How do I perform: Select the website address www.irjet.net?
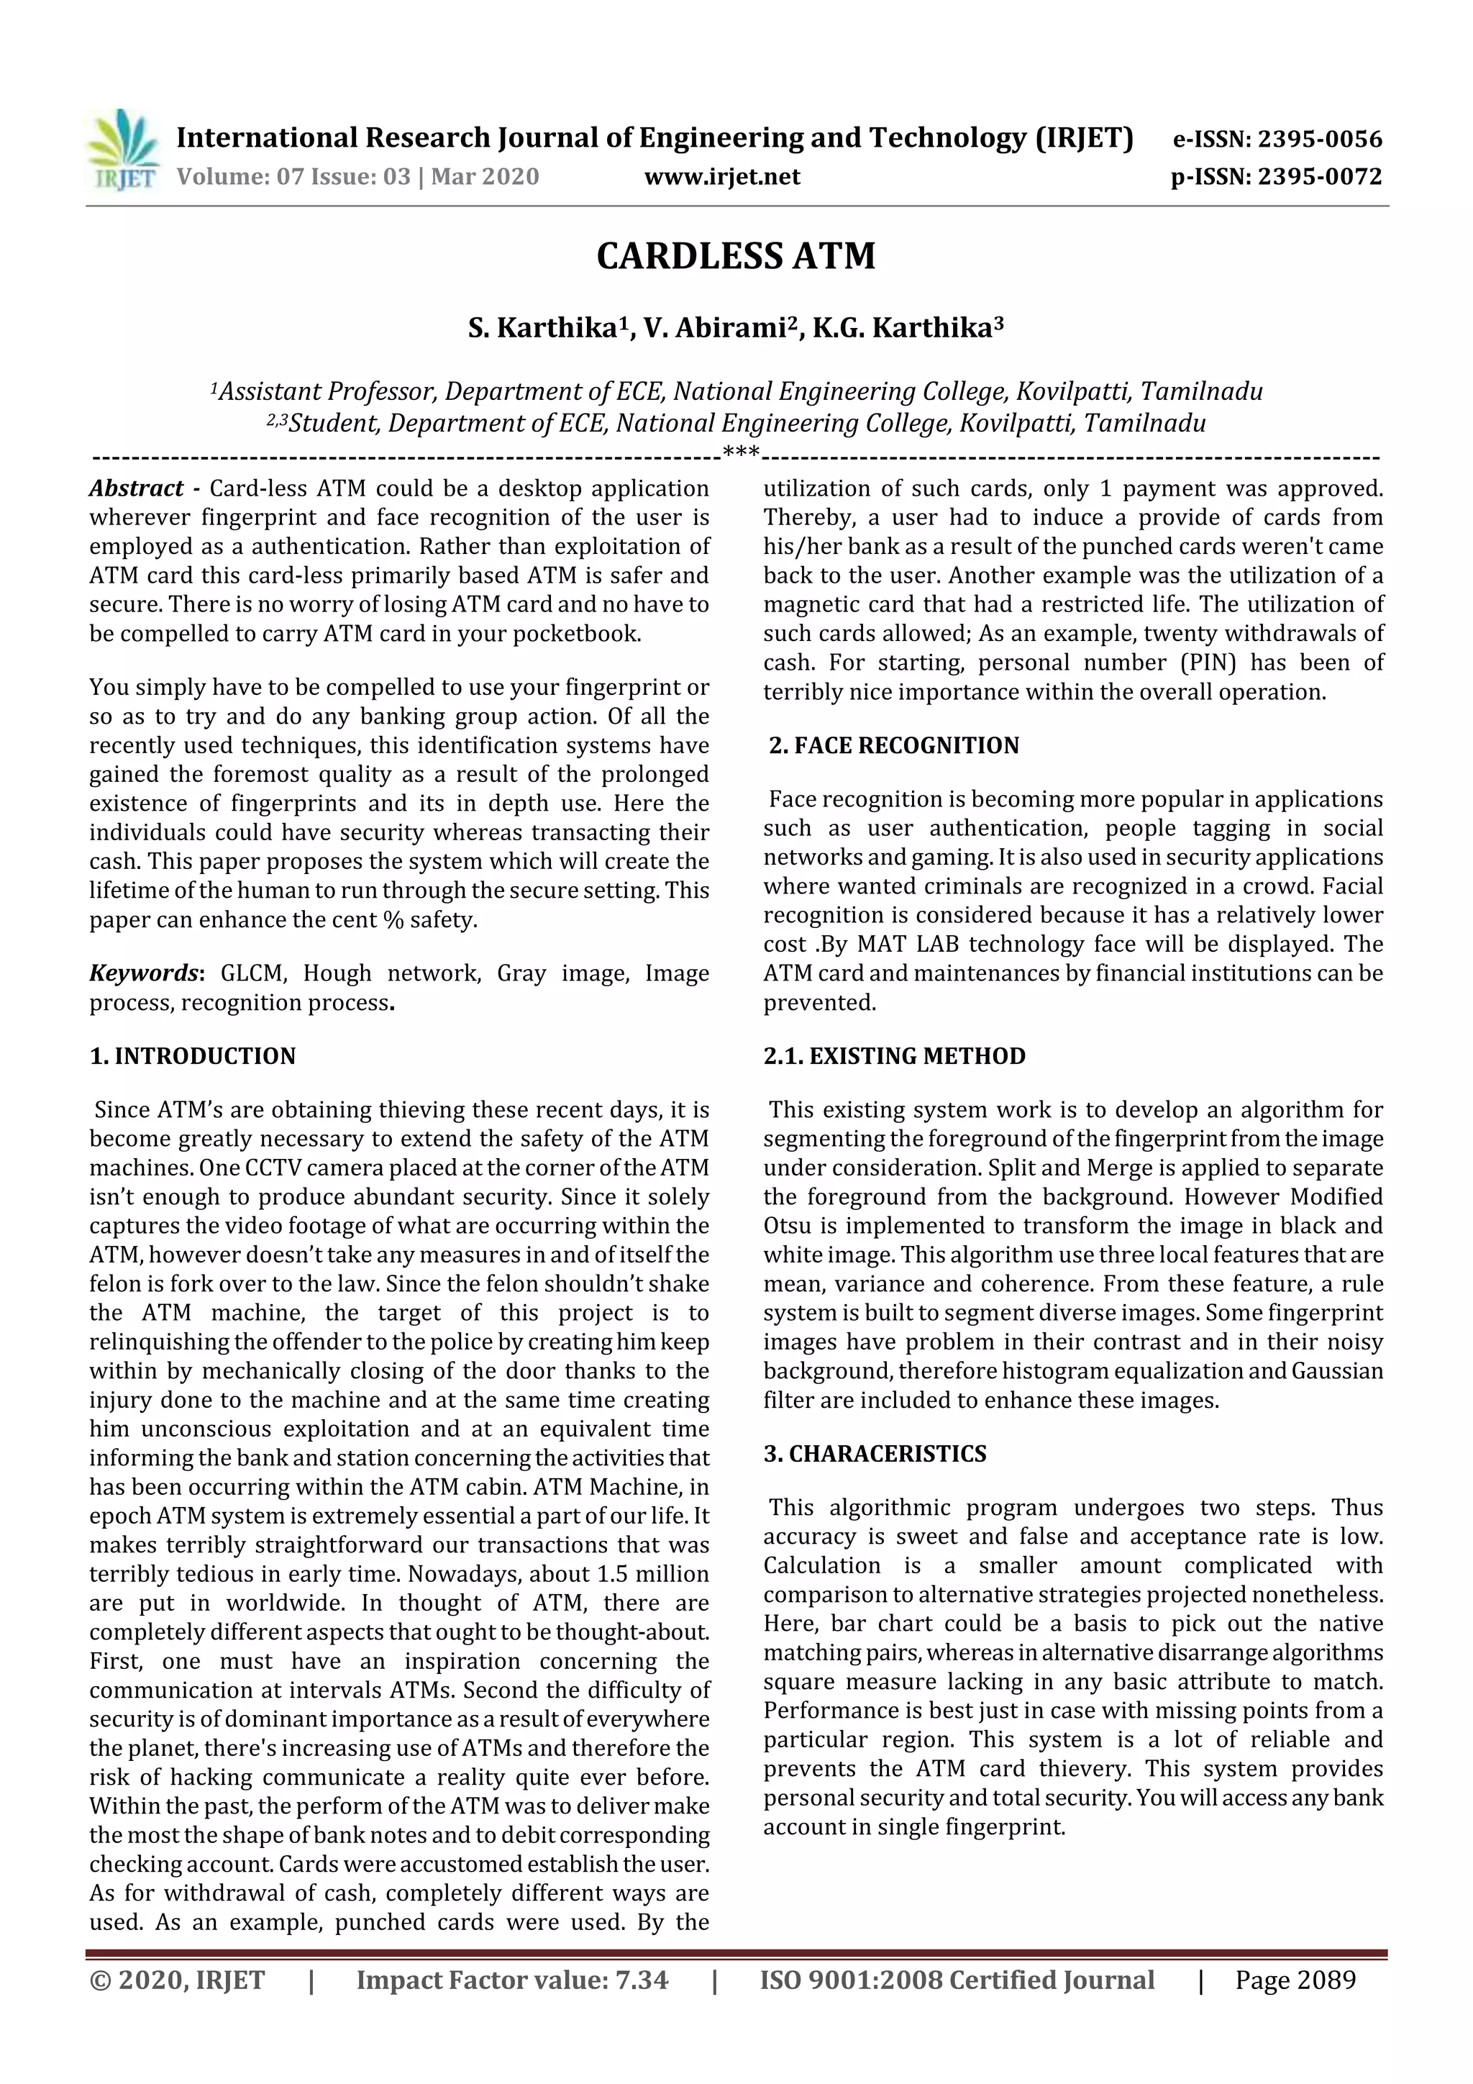point(721,177)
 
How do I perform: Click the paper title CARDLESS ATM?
point(735,256)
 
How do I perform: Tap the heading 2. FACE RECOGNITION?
point(893,745)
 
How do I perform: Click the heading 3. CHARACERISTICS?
point(874,1453)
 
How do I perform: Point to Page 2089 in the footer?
point(1295,1980)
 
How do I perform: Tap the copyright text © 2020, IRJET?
point(177,1980)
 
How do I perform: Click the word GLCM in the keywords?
point(254,973)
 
